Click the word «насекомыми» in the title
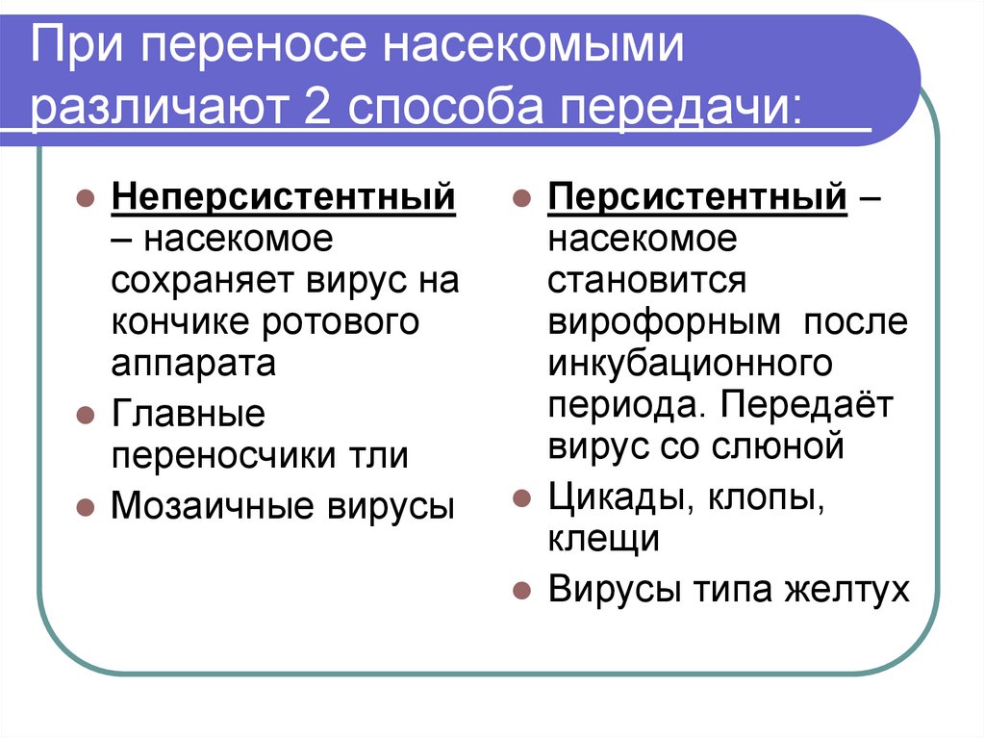pyautogui.click(x=534, y=51)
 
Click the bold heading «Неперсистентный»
pyautogui.click(x=284, y=198)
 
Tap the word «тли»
pyautogui.click(x=385, y=455)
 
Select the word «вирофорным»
pyautogui.click(x=665, y=321)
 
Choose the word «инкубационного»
pyautogui.click(x=690, y=363)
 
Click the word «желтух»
pyautogui.click(x=851, y=588)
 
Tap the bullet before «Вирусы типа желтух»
pyautogui.click(x=520, y=590)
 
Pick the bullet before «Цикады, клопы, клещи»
pyautogui.click(x=520, y=498)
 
